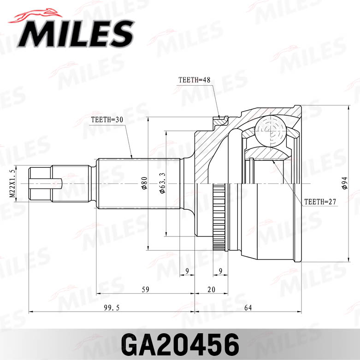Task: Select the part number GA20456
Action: (180, 344)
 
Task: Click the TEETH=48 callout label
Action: (194, 80)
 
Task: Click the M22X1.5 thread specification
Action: (12, 183)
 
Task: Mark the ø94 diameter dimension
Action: (343, 183)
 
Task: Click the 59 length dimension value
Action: (145, 289)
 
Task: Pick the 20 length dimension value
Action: (211, 289)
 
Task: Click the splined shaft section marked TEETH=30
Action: (138, 183)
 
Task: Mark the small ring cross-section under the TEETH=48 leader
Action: (220, 121)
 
